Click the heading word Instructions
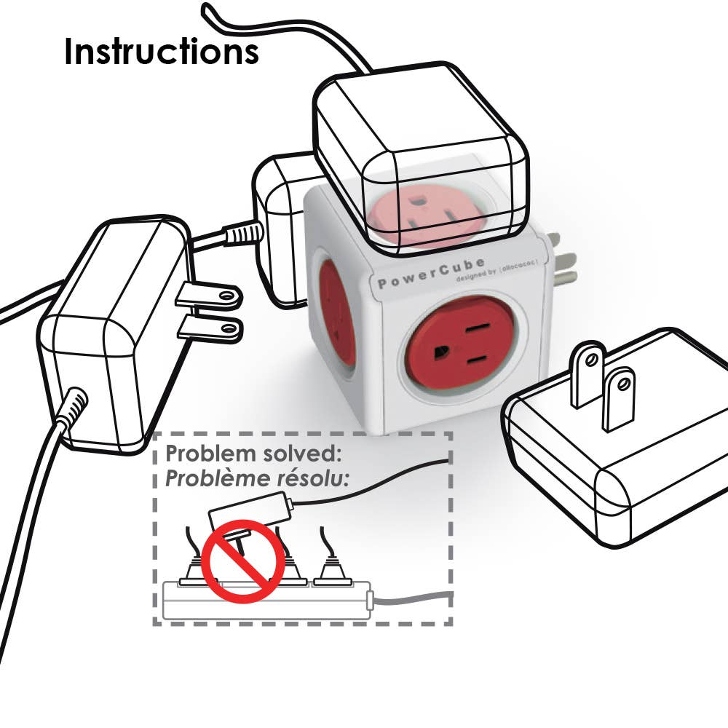point(161,52)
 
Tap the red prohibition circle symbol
point(242,561)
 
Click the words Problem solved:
point(253,454)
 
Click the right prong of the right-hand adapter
point(619,399)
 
